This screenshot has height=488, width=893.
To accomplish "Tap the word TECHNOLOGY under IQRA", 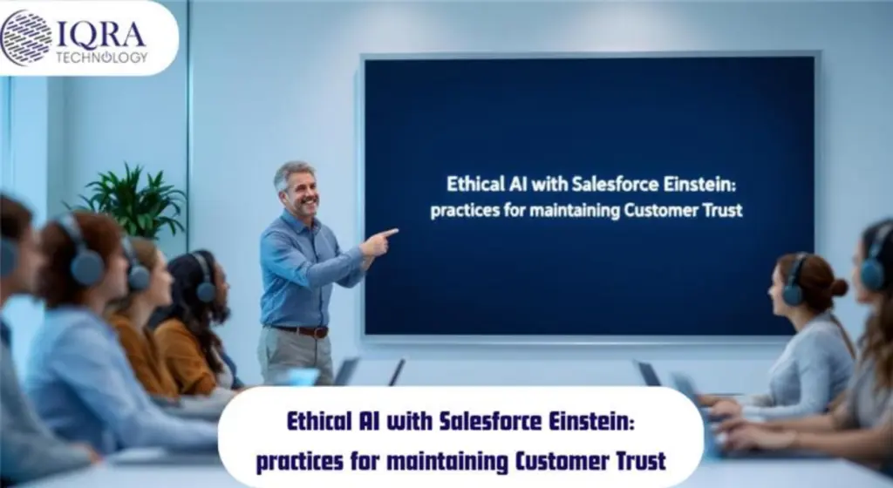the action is (x=101, y=58).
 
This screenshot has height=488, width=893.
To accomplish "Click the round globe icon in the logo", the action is (x=26, y=37).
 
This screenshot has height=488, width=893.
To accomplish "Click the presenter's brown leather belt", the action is (x=301, y=331).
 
